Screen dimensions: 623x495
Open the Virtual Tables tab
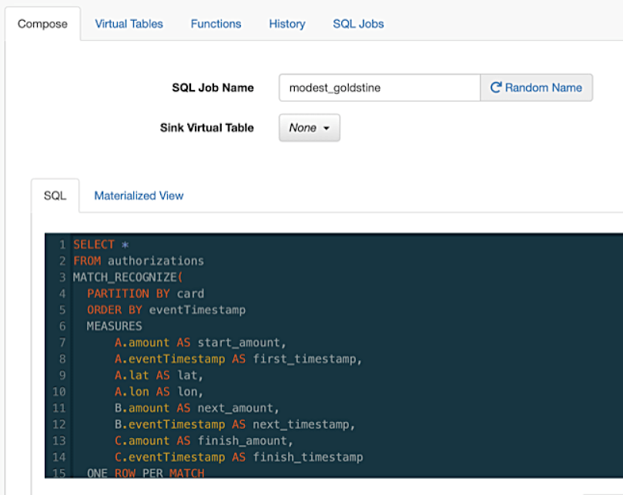click(129, 24)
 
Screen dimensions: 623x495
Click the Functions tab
click(216, 24)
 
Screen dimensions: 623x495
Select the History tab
click(287, 24)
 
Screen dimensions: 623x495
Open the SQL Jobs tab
click(358, 24)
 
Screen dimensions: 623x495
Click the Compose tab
click(42, 24)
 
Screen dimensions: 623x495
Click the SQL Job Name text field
click(380, 88)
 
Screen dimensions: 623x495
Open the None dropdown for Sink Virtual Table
click(309, 128)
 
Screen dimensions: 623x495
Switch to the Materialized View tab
click(139, 196)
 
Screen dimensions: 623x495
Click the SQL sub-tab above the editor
click(55, 196)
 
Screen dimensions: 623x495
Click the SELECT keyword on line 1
click(94, 244)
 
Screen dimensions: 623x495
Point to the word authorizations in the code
click(156, 261)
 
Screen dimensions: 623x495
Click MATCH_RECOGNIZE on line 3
click(125, 277)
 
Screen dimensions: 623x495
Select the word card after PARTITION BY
click(190, 293)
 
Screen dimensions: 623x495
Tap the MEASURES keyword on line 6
click(115, 326)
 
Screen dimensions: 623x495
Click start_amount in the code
click(239, 343)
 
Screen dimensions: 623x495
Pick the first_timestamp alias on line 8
click(305, 359)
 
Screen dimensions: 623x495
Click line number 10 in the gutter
click(59, 392)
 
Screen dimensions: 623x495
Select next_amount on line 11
click(235, 408)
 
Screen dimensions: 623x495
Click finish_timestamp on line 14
click(308, 457)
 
